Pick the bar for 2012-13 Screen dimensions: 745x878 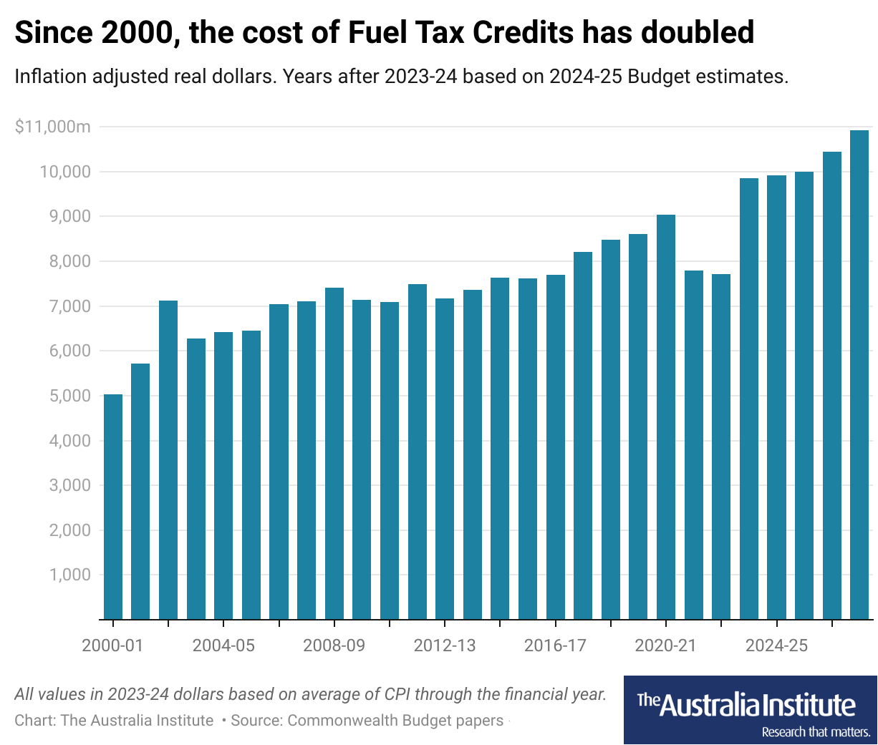pyautogui.click(x=445, y=458)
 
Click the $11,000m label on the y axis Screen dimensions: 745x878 pyautogui.click(x=53, y=127)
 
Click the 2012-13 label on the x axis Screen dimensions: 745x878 pyautogui.click(x=445, y=646)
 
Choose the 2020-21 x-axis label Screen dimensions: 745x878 pyautogui.click(x=666, y=646)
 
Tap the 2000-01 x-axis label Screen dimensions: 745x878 pyautogui.click(x=113, y=646)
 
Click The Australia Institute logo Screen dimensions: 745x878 pyautogui.click(x=750, y=710)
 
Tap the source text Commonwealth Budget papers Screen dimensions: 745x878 pyautogui.click(x=395, y=720)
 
